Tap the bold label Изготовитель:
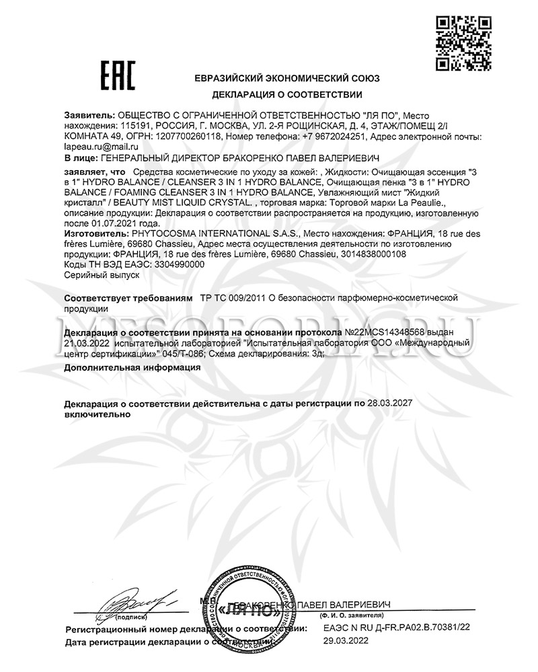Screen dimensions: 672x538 point(93,232)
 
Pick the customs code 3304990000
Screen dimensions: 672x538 point(176,265)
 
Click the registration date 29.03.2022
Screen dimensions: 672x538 point(346,642)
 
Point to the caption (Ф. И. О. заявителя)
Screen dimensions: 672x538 point(352,615)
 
